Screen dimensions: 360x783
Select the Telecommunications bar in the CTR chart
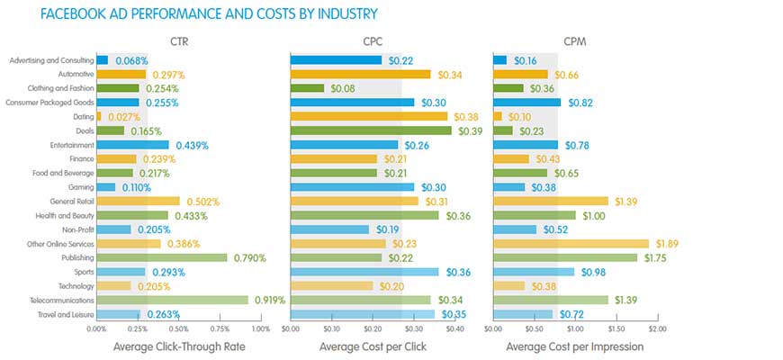click(172, 300)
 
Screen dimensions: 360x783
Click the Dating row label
click(81, 117)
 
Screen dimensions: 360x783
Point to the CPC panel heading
click(372, 40)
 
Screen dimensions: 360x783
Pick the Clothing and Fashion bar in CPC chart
click(307, 88)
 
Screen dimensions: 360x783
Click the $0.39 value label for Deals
click(468, 130)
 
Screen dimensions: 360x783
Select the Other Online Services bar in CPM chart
click(571, 243)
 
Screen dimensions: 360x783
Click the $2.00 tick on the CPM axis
click(658, 329)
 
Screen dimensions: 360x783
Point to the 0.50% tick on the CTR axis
click(178, 329)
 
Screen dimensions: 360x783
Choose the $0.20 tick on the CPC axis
click(372, 329)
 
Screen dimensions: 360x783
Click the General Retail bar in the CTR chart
click(138, 201)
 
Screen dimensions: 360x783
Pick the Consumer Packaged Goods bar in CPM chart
click(526, 103)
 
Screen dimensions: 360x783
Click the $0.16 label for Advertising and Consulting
click(526, 60)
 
